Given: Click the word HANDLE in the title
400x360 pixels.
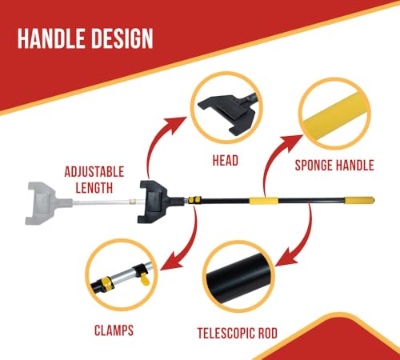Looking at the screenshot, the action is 52,38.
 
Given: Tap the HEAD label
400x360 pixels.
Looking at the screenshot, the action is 226,161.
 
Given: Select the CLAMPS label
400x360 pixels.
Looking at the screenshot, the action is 114,330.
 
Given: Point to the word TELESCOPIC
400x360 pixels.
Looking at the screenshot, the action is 226,333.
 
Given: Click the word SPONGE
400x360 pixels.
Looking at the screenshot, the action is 314,165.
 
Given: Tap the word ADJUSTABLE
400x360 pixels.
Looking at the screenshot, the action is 94,172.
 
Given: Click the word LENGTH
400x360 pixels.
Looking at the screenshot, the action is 94,188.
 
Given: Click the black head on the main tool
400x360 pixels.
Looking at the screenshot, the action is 154,202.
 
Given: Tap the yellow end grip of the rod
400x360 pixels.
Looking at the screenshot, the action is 359,200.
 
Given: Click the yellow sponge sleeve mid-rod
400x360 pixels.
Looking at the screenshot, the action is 263,201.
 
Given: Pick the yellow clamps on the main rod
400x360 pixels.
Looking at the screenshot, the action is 194,200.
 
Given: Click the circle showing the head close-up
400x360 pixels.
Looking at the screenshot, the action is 226,75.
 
